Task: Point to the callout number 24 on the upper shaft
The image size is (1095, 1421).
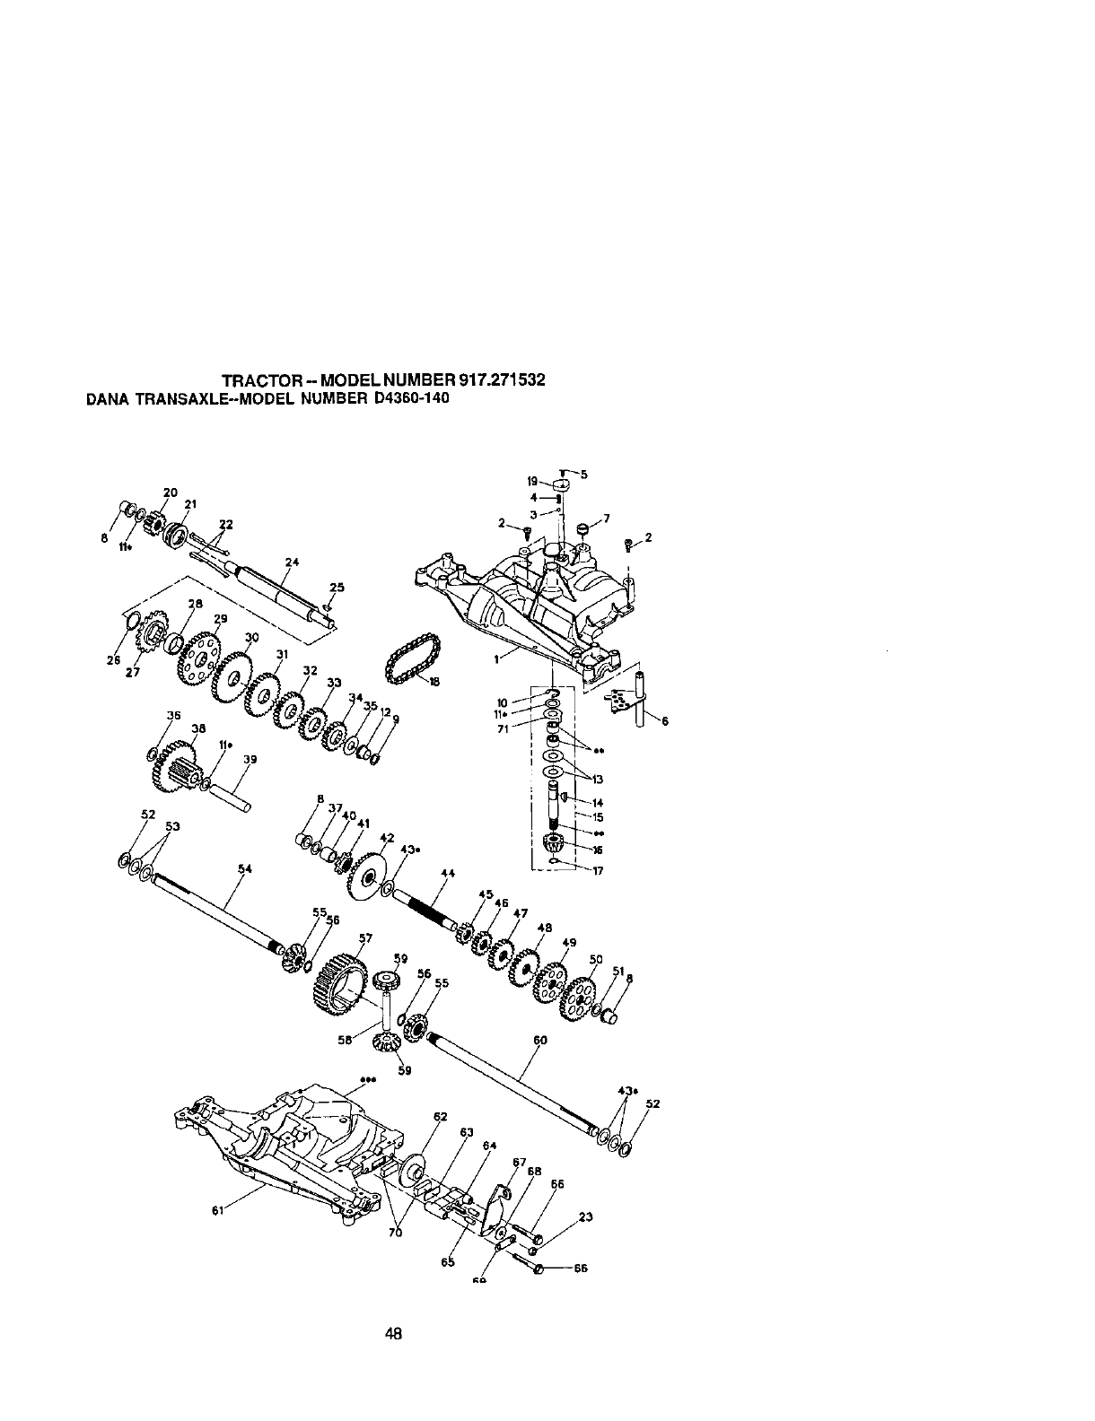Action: point(291,562)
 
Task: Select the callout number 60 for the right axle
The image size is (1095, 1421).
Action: point(539,1041)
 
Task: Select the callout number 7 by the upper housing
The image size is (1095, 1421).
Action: point(607,519)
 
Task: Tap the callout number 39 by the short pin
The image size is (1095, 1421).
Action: point(250,759)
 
